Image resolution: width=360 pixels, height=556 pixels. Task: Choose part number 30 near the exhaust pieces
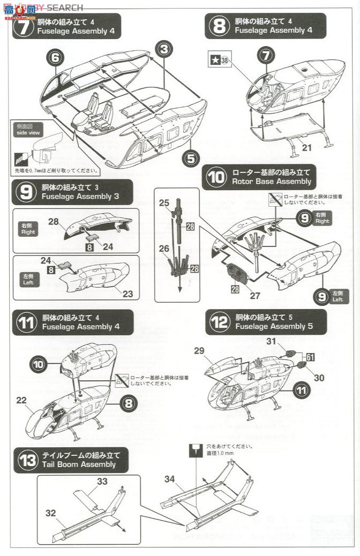coord(319,378)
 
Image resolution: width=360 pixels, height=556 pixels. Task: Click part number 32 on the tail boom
coord(50,513)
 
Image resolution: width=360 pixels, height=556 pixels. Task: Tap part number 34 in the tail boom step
coord(169,478)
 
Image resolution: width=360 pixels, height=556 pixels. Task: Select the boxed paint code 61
coord(311,355)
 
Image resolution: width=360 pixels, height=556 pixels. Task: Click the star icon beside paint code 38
coord(213,61)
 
